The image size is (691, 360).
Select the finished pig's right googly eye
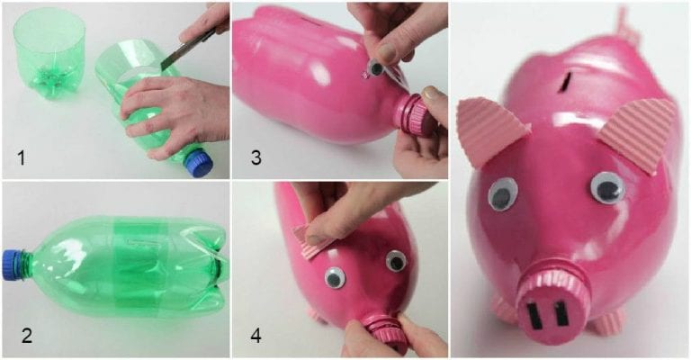(x=607, y=187)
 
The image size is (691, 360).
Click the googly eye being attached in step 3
(x=371, y=69)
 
